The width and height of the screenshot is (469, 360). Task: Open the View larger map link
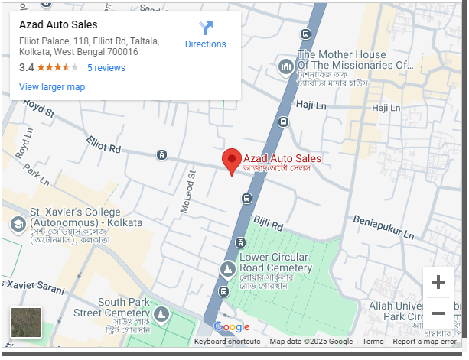click(x=52, y=87)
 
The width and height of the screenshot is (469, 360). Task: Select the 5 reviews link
click(x=106, y=68)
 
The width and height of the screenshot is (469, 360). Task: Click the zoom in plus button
click(x=438, y=283)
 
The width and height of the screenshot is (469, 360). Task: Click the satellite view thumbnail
click(x=26, y=323)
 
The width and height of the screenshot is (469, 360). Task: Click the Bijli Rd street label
click(x=269, y=224)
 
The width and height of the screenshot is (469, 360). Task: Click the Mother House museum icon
click(x=287, y=67)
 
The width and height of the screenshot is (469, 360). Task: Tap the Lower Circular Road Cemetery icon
click(x=228, y=269)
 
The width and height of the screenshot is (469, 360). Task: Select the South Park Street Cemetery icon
click(x=161, y=313)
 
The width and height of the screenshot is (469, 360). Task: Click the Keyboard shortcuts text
click(x=227, y=342)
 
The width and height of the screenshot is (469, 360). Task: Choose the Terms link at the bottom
click(x=373, y=342)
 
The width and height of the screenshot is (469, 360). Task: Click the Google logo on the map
click(x=232, y=327)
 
